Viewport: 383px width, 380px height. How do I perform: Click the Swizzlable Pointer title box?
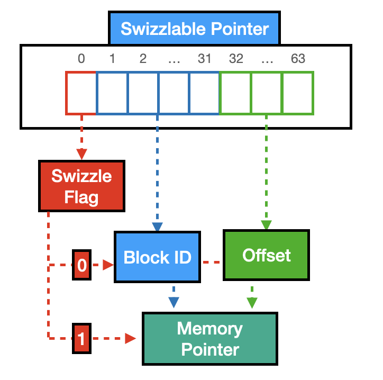[194, 28]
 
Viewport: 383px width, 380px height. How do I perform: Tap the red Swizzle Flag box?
[81, 186]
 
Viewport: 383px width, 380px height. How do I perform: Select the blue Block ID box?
[158, 257]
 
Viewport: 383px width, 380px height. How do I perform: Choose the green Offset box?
[266, 255]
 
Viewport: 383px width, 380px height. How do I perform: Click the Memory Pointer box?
[209, 339]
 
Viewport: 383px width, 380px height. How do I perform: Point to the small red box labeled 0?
[81, 265]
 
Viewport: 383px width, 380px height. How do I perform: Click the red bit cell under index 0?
[81, 93]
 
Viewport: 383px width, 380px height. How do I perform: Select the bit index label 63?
[298, 59]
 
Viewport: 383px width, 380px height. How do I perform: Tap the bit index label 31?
[204, 59]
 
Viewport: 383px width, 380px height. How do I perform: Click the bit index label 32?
[235, 59]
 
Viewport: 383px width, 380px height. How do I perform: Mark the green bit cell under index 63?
[298, 93]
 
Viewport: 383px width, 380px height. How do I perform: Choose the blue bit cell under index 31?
[204, 93]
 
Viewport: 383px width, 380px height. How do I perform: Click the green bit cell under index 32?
[235, 93]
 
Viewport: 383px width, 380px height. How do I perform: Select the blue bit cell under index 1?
[112, 93]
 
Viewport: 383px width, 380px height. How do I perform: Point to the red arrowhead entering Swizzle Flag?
[81, 154]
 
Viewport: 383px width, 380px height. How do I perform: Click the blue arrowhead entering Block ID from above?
[158, 226]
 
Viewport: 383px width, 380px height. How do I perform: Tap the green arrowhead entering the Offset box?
[266, 224]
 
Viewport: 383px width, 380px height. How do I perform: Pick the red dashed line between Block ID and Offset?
[212, 262]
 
